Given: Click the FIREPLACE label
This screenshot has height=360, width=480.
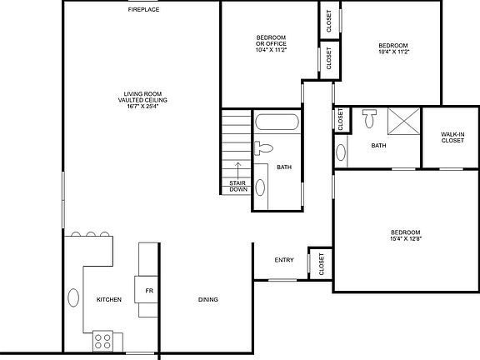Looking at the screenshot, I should [x=143, y=9].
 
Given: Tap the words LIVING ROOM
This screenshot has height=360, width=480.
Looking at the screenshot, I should [x=143, y=93].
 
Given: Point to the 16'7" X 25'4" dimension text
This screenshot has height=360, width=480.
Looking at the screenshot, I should [x=143, y=106].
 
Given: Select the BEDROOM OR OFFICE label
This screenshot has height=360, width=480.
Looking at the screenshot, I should [x=269, y=41].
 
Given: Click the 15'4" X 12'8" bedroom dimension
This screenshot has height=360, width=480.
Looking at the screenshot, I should [x=406, y=237].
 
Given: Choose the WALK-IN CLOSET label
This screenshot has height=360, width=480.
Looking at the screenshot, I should [x=452, y=137].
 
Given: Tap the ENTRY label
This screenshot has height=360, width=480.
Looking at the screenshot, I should [x=284, y=260].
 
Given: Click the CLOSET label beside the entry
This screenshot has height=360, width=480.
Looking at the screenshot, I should [x=321, y=263].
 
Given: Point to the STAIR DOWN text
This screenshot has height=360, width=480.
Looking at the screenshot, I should [x=237, y=186].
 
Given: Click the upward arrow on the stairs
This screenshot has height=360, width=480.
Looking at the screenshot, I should [x=237, y=169].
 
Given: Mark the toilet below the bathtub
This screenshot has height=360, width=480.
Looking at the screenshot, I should [x=263, y=148].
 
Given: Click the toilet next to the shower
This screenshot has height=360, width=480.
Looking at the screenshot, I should [x=370, y=119].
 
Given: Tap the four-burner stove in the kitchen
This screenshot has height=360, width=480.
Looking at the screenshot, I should [x=104, y=341].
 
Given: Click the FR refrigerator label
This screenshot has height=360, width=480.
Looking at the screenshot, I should [x=149, y=291].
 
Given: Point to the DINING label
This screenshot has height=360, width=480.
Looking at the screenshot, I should [x=208, y=299].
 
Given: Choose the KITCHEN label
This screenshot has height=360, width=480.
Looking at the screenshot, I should [x=109, y=299].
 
